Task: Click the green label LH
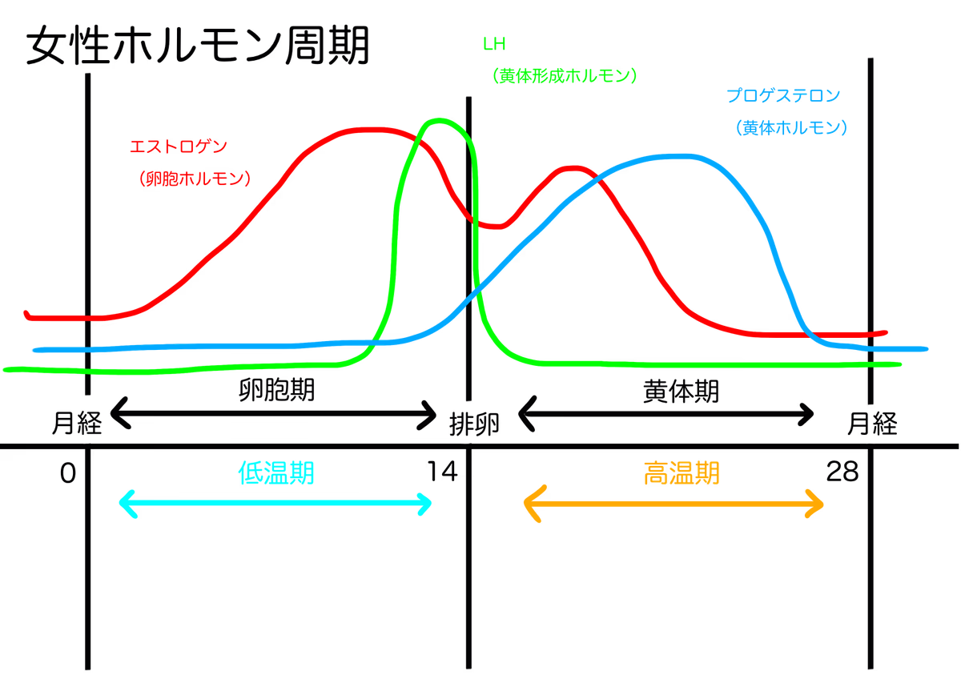click(494, 43)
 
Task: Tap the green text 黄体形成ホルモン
click(565, 76)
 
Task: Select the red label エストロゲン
click(179, 147)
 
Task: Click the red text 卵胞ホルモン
click(195, 179)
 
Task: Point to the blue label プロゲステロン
click(783, 95)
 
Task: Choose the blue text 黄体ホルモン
click(790, 127)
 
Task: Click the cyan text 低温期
click(276, 473)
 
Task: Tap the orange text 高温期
click(682, 473)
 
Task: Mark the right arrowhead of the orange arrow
click(820, 504)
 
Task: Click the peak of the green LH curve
click(442, 120)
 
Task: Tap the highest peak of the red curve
click(368, 128)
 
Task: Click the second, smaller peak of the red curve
click(573, 167)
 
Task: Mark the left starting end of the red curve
click(27, 315)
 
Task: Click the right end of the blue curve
click(926, 349)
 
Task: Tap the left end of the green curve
click(6, 369)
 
